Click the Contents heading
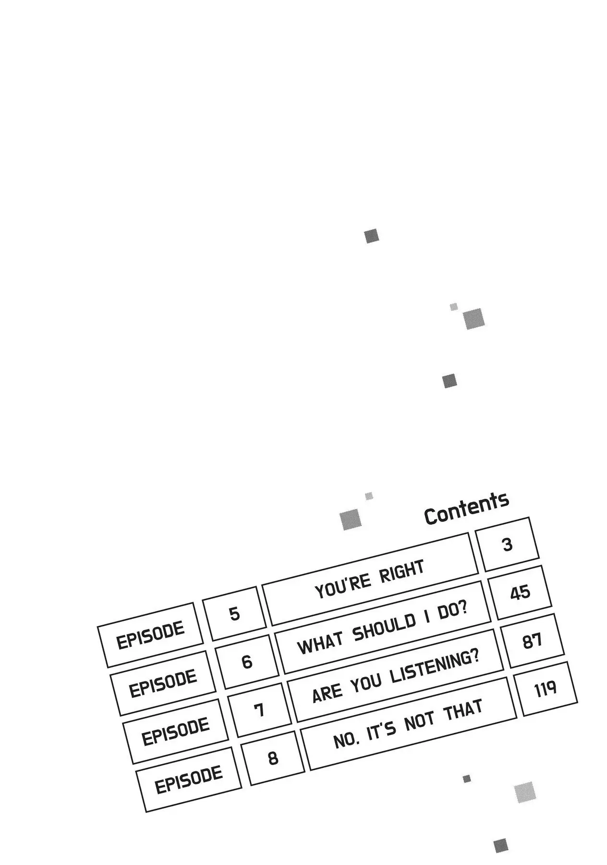click(466, 508)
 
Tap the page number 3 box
click(508, 544)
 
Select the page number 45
click(520, 593)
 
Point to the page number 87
click(532, 641)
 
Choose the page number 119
click(545, 689)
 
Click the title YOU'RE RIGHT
click(370, 579)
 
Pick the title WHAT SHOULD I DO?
click(382, 628)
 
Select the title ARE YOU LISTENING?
click(396, 676)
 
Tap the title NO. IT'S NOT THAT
click(408, 724)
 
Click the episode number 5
click(234, 614)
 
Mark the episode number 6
click(247, 662)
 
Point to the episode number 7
click(260, 710)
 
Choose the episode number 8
click(273, 758)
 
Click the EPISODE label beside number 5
click(150, 635)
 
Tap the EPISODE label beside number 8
click(189, 779)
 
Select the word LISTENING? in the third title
click(435, 666)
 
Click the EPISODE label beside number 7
click(176, 731)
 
